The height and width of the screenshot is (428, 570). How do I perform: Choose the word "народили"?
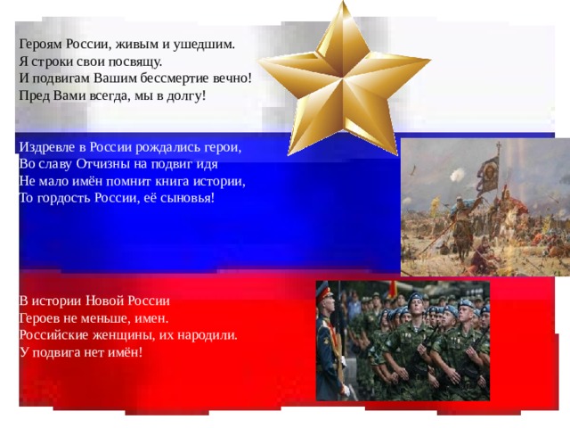click(x=209, y=335)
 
